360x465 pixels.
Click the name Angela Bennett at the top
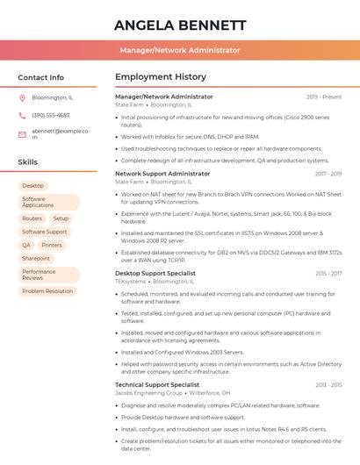click(x=180, y=25)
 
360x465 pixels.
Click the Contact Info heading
click(x=41, y=77)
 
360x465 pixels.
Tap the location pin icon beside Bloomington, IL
click(x=22, y=97)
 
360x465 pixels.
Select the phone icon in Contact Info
click(x=22, y=115)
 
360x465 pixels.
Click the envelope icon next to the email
click(x=22, y=133)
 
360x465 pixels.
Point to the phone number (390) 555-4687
click(x=51, y=115)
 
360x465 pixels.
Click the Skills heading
click(x=28, y=162)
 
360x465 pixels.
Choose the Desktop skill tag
click(x=32, y=186)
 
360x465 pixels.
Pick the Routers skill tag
click(x=32, y=218)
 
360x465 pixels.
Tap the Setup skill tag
click(x=61, y=218)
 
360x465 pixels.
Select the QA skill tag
click(x=26, y=245)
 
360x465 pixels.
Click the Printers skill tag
click(x=52, y=245)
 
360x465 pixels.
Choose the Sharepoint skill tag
click(x=36, y=258)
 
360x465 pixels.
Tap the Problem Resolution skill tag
click(x=47, y=291)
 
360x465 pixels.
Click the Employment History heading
click(x=161, y=77)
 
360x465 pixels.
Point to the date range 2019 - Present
click(x=324, y=97)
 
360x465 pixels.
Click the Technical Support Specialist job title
click(x=157, y=384)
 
